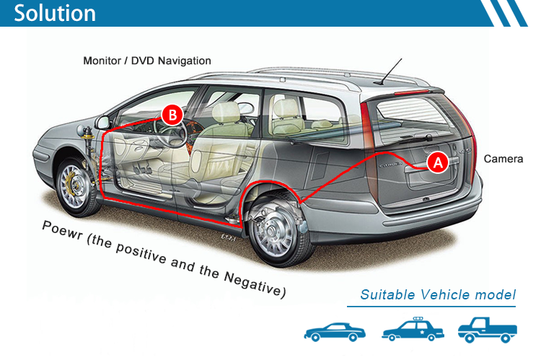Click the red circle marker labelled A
[438, 162]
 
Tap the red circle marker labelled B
[172, 115]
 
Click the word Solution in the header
[55, 13]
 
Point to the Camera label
[503, 159]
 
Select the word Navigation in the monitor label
[184, 61]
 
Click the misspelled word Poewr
[62, 230]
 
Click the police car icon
[413, 329]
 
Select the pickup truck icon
[487, 330]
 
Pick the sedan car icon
[334, 332]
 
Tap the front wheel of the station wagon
[75, 187]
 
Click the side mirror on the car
[102, 123]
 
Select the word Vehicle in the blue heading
[444, 295]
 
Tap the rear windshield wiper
[414, 139]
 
